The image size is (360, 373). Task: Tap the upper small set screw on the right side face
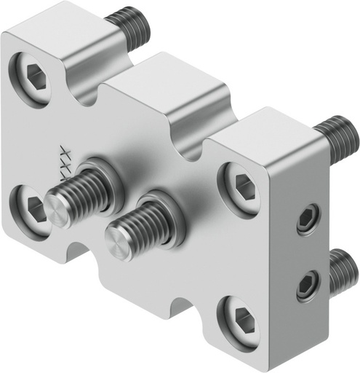(x=308, y=219)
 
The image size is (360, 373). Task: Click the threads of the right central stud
(x=149, y=219)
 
